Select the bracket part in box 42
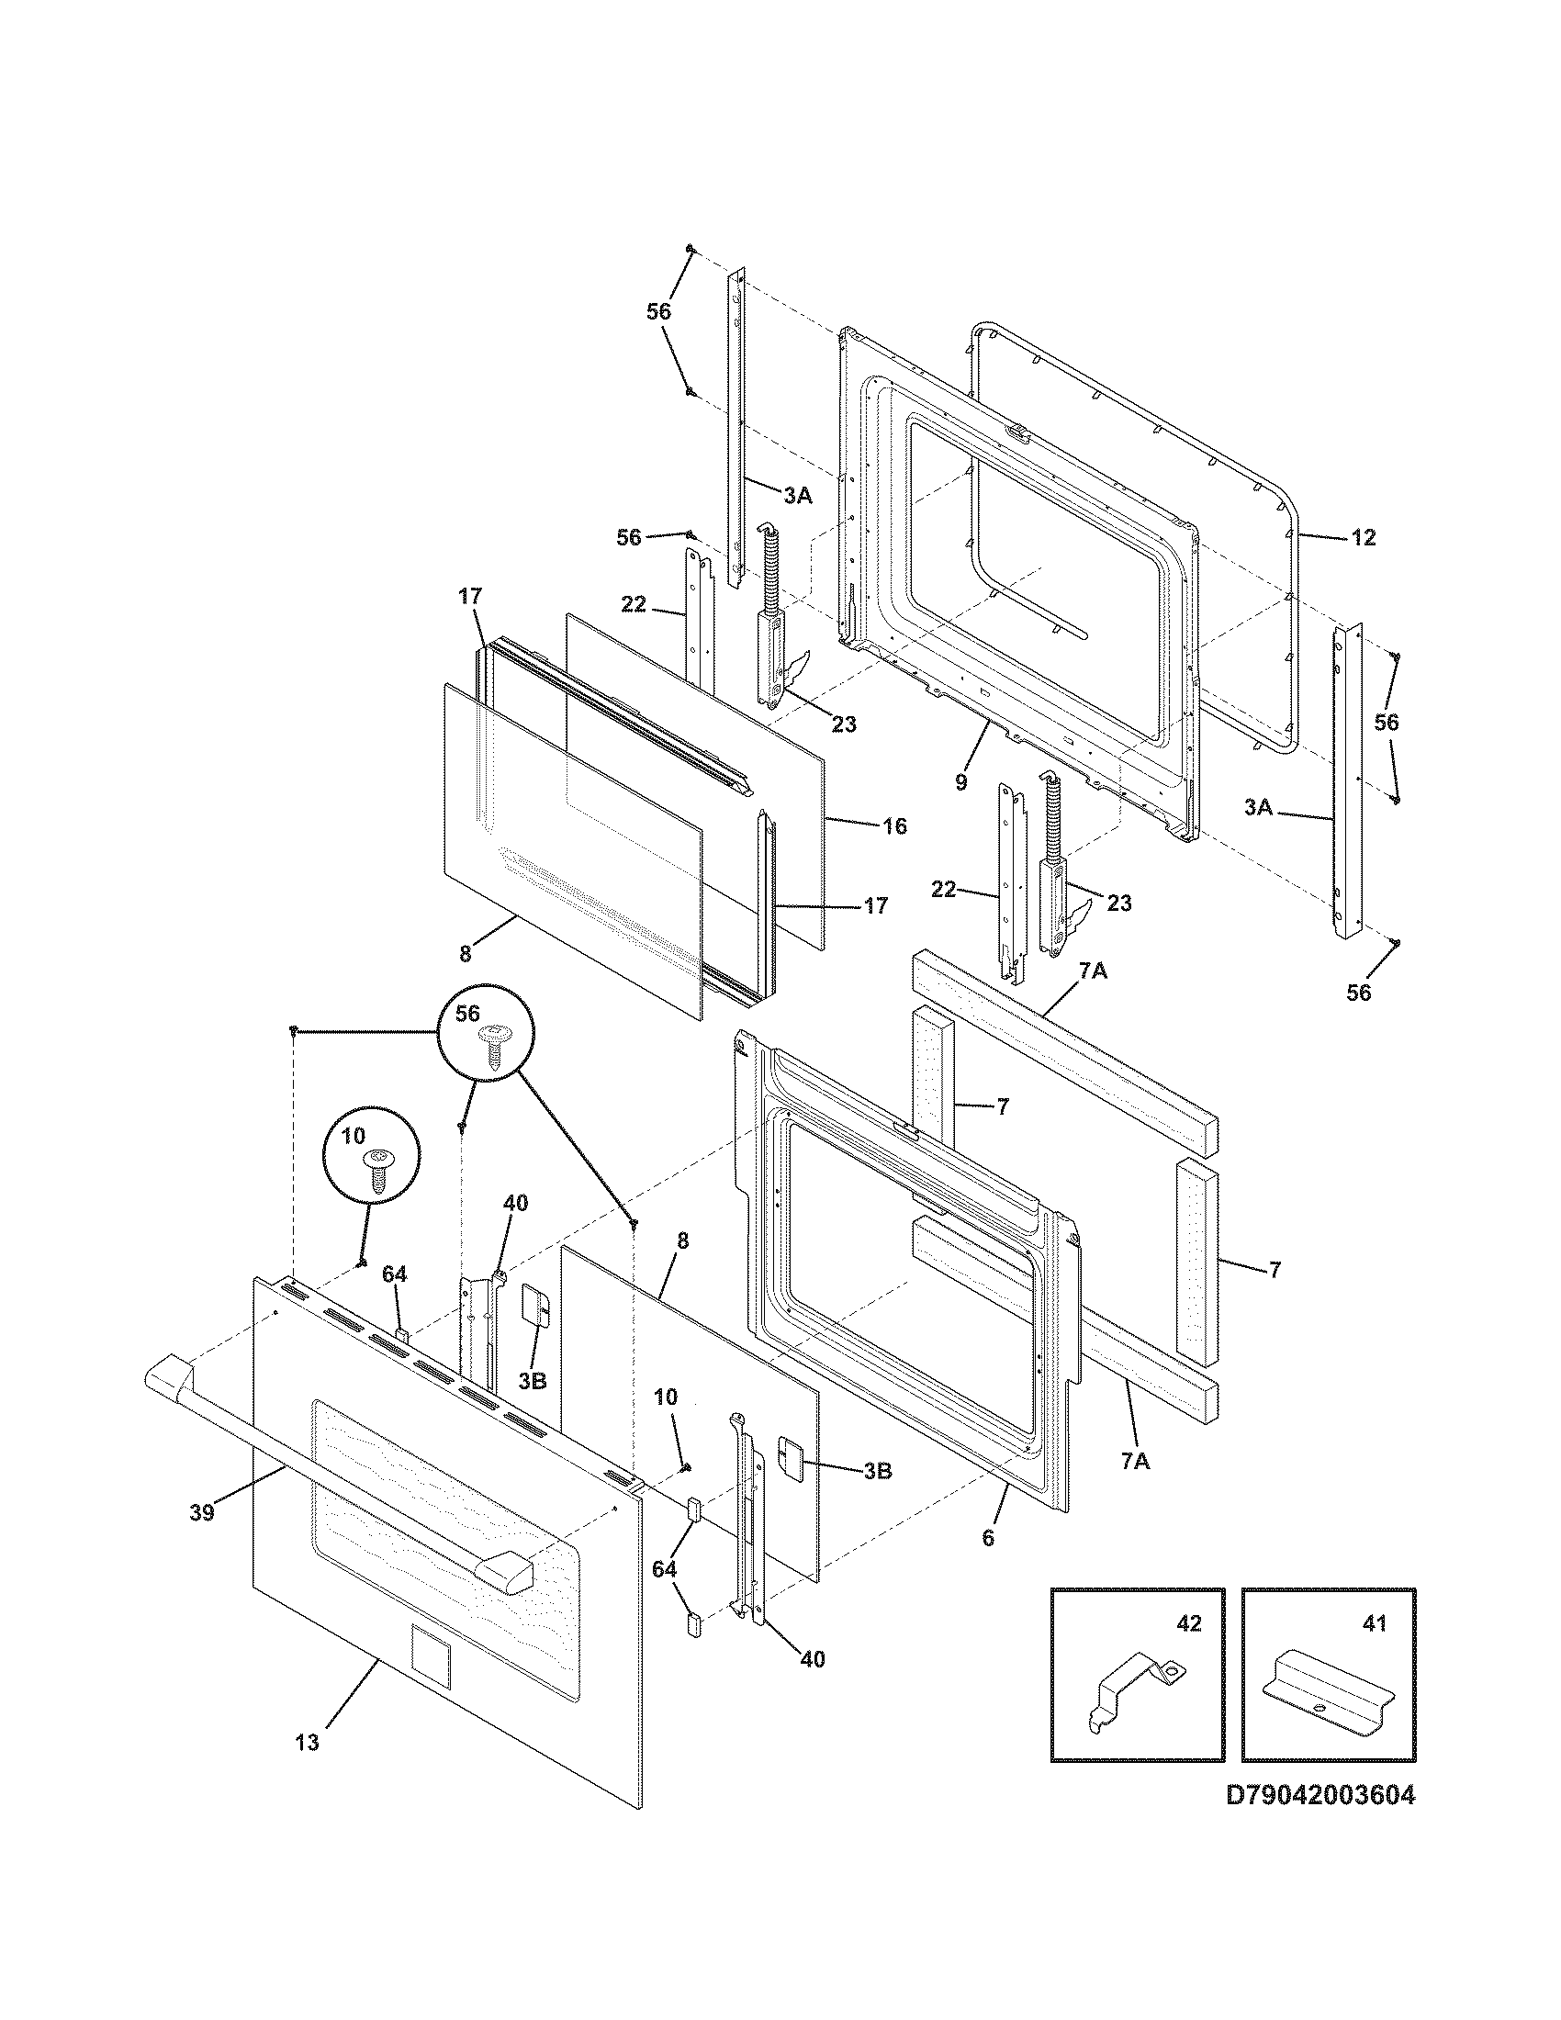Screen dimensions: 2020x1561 point(1134,1692)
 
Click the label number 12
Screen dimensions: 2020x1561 point(1363,537)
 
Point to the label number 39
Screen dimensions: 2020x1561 point(202,1512)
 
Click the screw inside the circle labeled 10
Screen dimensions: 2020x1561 point(377,1171)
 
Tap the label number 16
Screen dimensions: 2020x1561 point(893,826)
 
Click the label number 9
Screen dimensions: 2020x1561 point(960,782)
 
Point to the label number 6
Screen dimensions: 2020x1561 point(988,1538)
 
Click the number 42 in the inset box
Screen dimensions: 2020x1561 point(1189,1623)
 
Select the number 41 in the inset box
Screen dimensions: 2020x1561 point(1376,1623)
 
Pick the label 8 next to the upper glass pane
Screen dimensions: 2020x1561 point(466,953)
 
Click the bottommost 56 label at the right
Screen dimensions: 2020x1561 point(1358,993)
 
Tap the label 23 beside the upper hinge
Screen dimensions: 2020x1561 point(843,724)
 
